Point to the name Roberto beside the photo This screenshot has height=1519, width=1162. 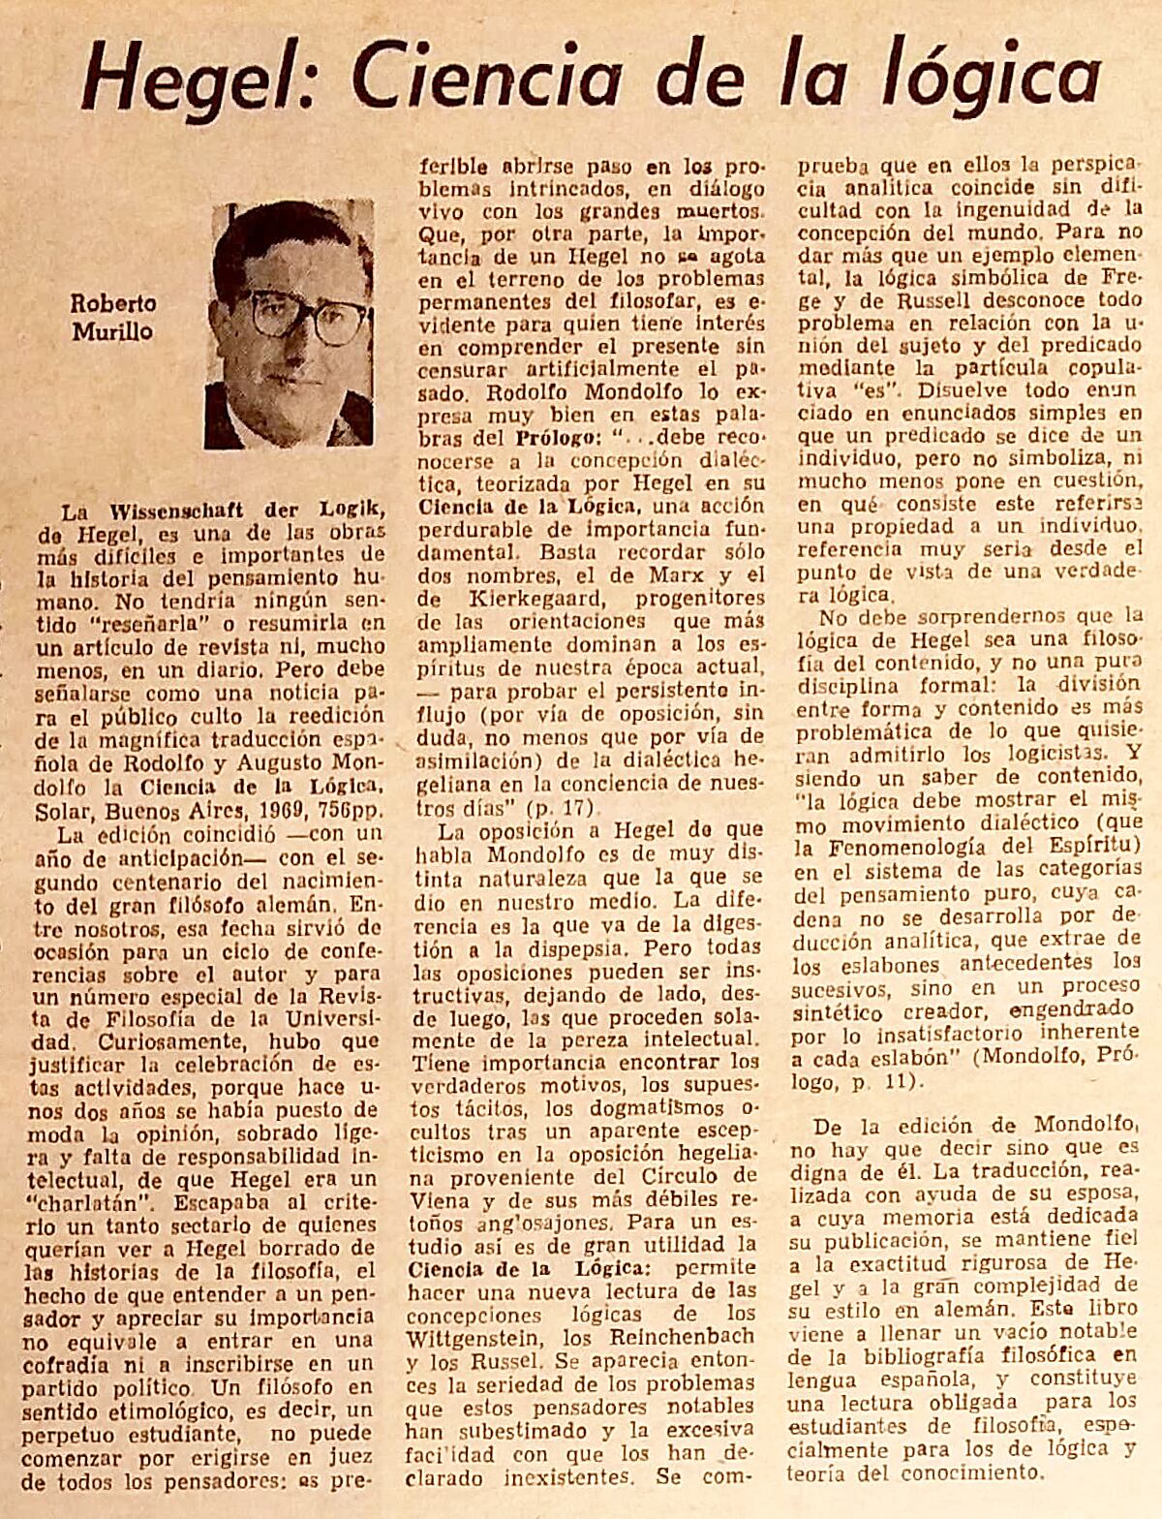tap(113, 303)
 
